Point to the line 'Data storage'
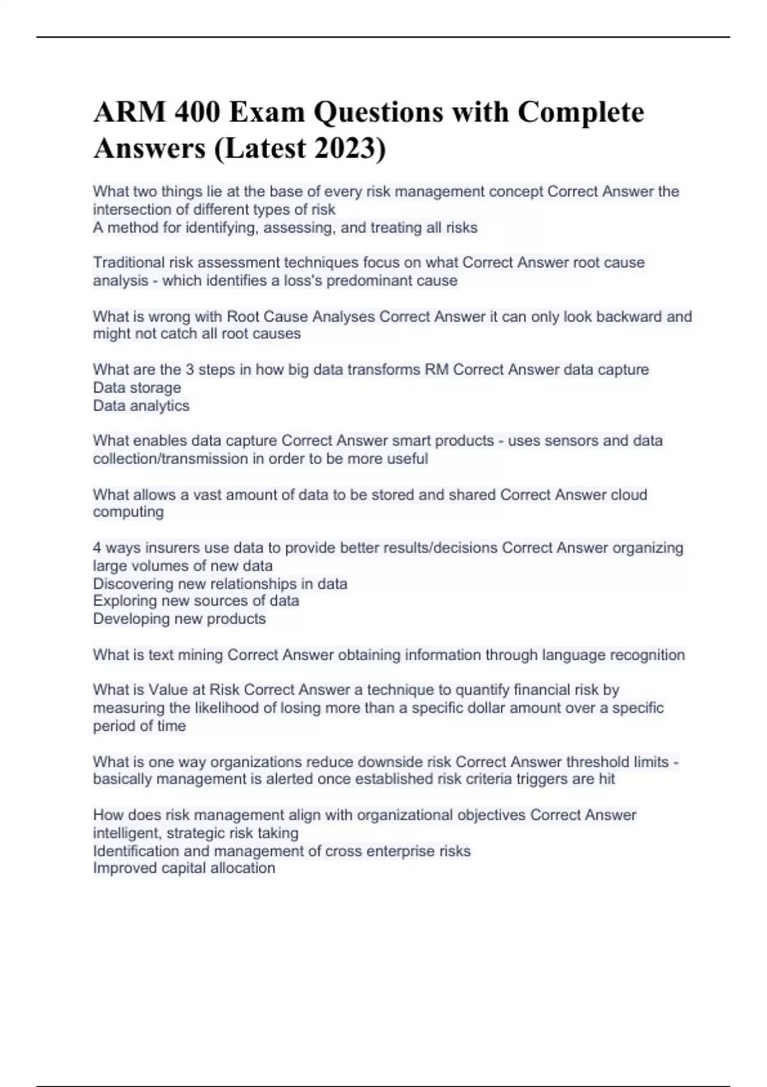tap(137, 387)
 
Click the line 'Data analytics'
tap(141, 405)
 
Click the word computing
tap(128, 512)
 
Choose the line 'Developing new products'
tap(179, 618)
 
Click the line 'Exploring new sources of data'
tap(196, 600)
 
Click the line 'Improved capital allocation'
tap(184, 868)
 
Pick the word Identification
tap(136, 851)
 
